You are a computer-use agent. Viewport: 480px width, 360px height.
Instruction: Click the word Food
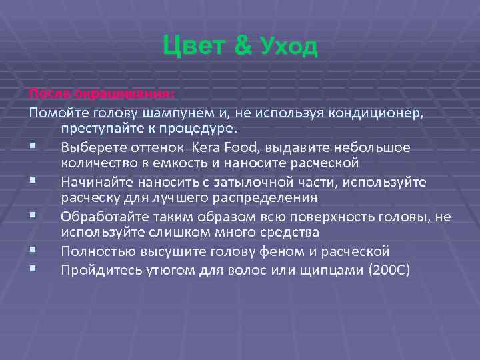click(240, 146)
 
